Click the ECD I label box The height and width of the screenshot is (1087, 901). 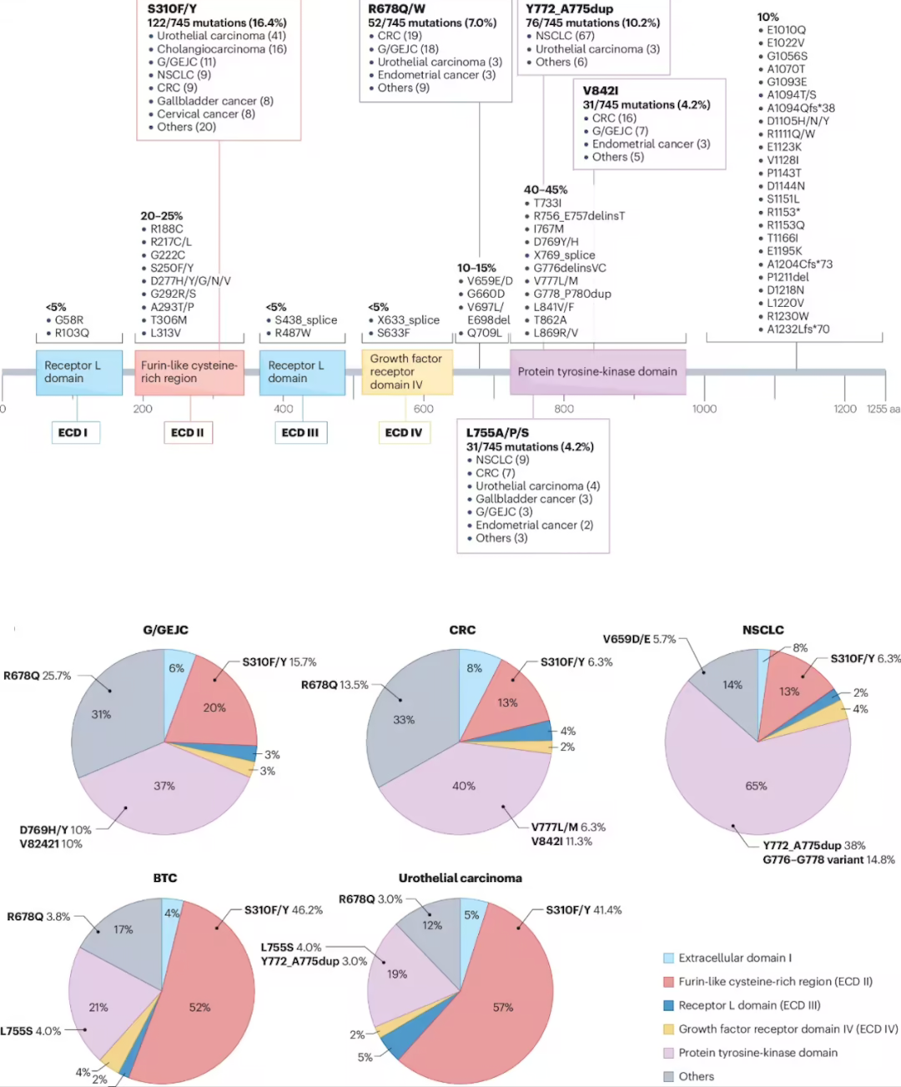75,432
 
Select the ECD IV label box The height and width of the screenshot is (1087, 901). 404,432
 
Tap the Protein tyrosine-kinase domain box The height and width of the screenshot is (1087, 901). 597,372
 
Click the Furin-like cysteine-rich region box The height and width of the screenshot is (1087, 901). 189,372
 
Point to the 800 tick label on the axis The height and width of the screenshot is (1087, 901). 564,409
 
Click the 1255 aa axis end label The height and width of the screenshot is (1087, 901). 883,409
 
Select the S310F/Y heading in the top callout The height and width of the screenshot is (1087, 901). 172,9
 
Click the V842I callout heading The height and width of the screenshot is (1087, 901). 601,91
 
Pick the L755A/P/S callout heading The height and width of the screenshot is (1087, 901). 497,433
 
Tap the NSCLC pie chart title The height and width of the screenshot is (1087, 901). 763,630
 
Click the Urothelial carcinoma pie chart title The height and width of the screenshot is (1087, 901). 461,878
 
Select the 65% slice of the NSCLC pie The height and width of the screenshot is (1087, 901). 756,785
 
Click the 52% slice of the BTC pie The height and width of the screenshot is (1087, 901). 200,1007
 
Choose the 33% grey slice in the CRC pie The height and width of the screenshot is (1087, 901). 404,719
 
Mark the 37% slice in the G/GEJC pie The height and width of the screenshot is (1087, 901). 164,785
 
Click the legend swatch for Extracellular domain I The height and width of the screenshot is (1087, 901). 668,958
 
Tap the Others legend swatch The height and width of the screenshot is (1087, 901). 668,1076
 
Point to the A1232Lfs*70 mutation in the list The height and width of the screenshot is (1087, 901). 798,329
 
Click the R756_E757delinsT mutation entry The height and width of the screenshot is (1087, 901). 579,216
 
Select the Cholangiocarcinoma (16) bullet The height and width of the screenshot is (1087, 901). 221,49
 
